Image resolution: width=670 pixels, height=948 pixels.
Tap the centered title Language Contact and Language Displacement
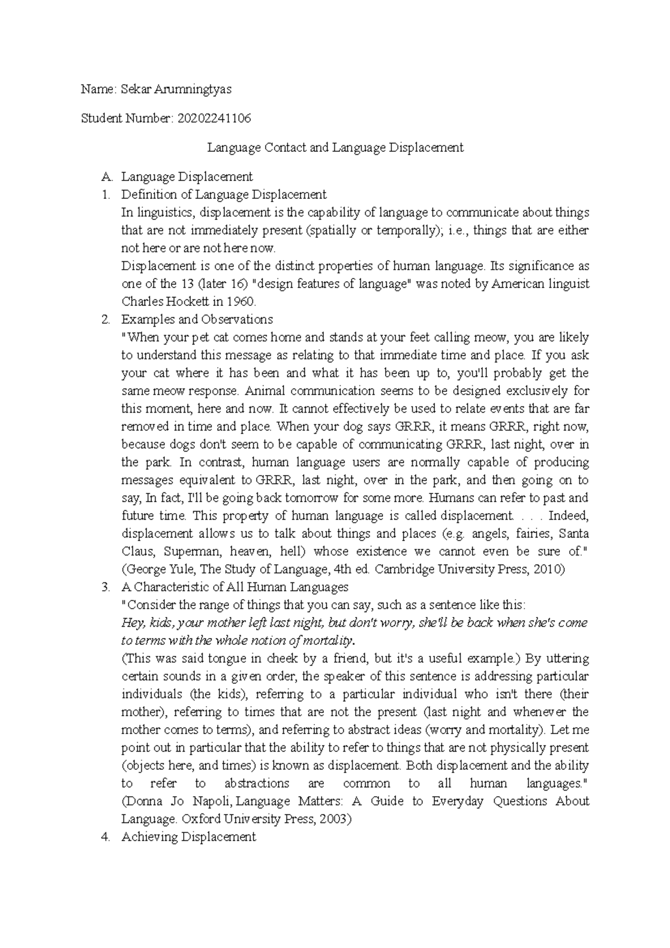coord(335,148)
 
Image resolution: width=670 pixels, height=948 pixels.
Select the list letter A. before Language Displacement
coord(107,177)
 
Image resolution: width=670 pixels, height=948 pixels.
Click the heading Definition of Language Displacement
coord(223,195)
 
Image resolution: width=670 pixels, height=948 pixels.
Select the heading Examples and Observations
coord(197,320)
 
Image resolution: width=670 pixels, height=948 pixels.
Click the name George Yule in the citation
coord(159,569)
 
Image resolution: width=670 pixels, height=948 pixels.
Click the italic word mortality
coord(330,640)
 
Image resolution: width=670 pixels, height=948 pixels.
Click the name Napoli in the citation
coord(209,802)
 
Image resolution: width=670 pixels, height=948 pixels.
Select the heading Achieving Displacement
coord(188,837)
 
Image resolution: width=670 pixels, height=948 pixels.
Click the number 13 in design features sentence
coord(186,284)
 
